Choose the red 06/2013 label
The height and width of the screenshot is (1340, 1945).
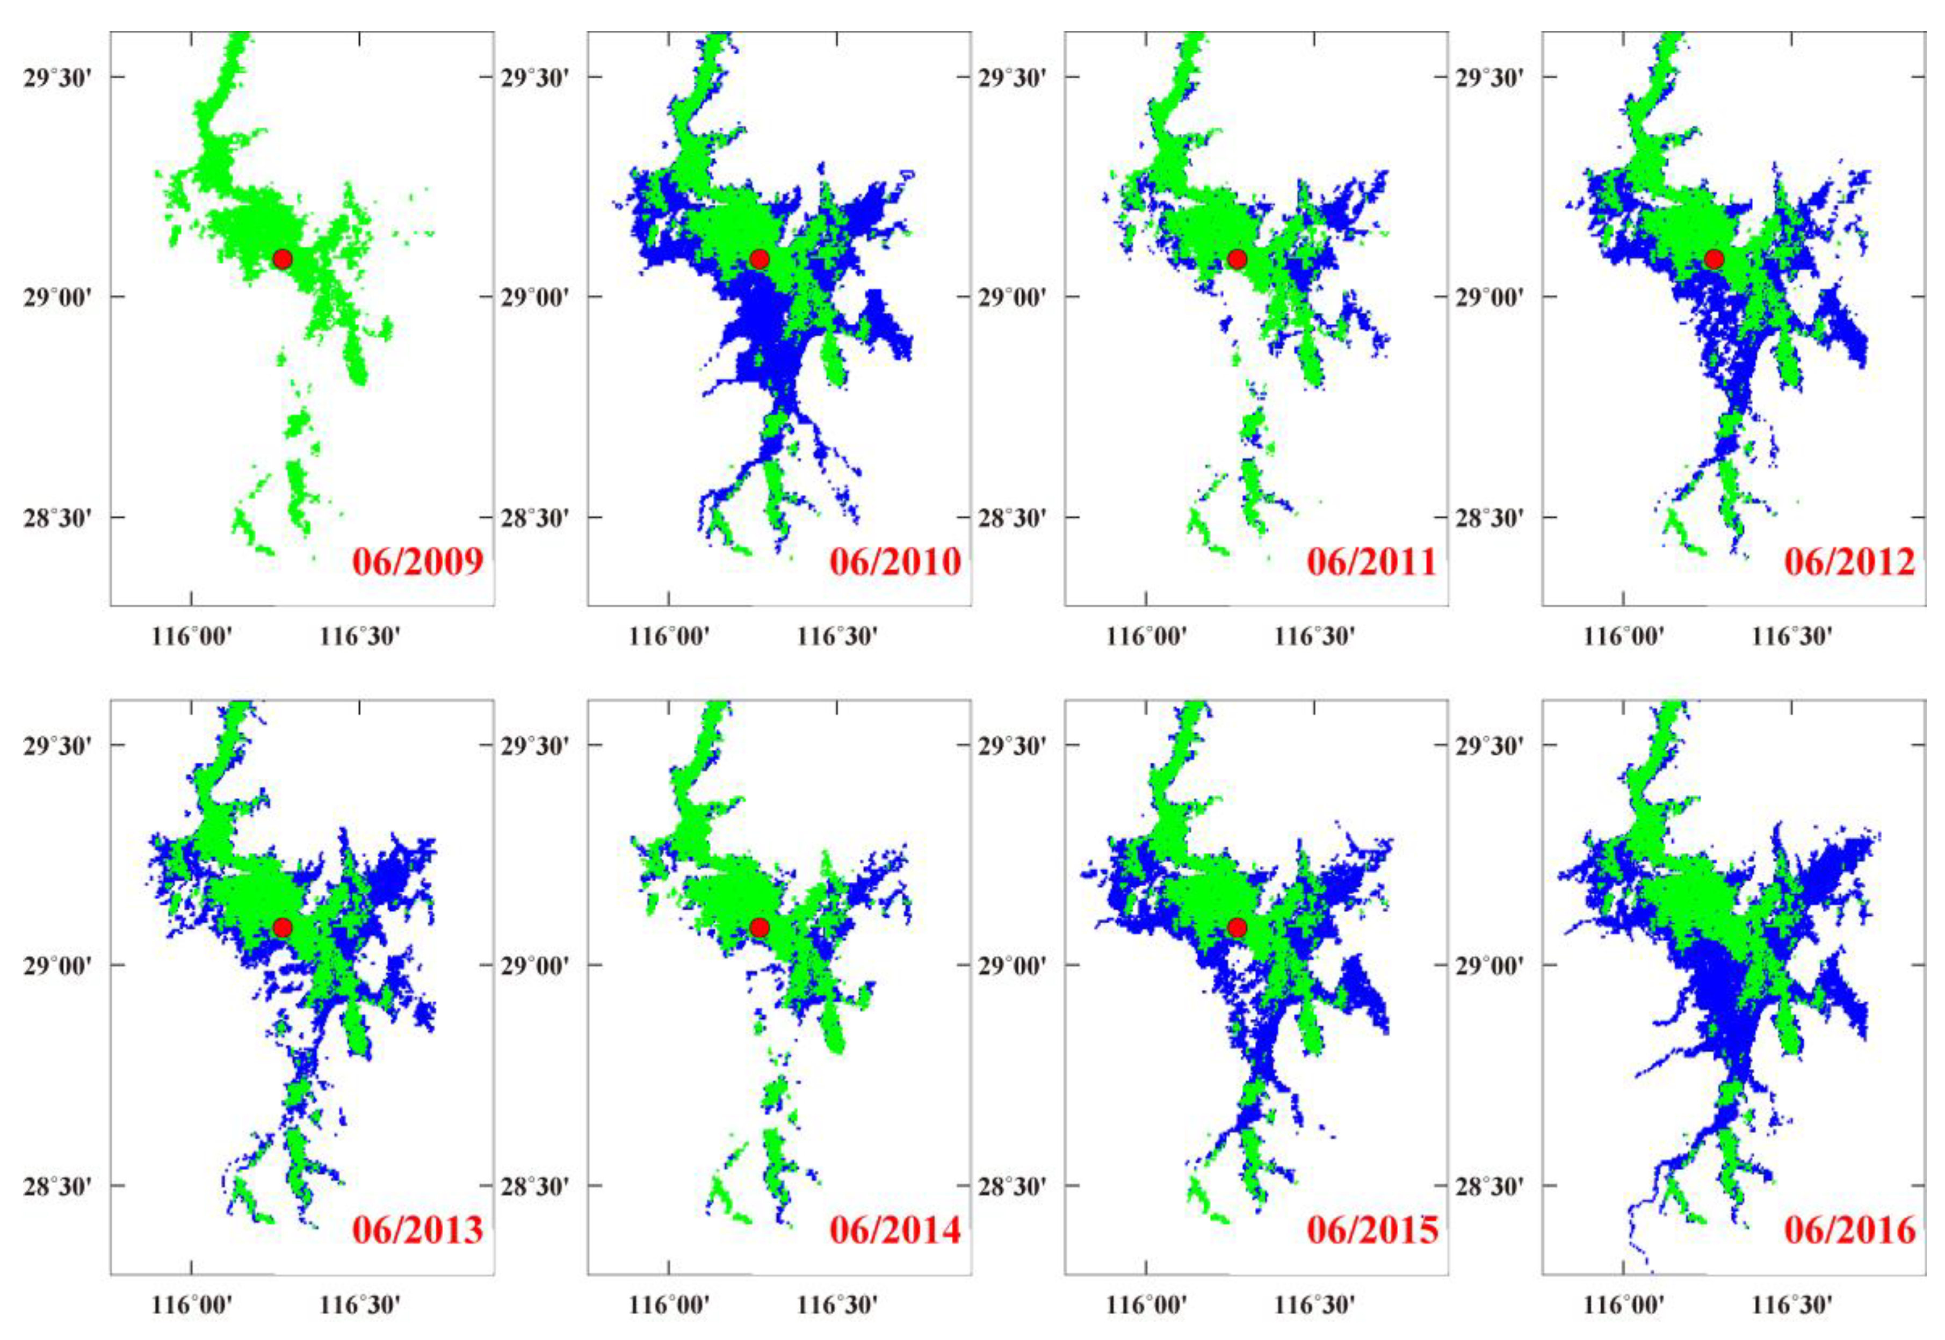coord(417,1230)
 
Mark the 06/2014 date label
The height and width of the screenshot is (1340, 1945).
coord(895,1230)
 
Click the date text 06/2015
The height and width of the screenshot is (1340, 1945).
coord(1372,1230)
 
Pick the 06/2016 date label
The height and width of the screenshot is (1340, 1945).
coord(1849,1230)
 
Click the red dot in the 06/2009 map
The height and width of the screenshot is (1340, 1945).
coord(282,258)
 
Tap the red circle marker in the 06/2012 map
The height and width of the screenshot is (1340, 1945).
coord(1714,258)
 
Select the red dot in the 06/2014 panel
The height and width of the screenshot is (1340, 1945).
coord(759,928)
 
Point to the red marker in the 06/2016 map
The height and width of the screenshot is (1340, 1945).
coord(1714,928)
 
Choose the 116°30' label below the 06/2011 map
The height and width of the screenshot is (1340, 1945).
coord(1314,636)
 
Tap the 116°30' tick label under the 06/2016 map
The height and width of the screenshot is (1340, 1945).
coord(1791,1306)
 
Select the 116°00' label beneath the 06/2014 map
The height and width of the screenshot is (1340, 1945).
coord(669,1306)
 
